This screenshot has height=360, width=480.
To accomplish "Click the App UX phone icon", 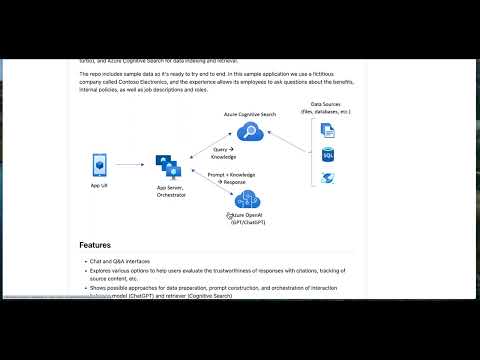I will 99,164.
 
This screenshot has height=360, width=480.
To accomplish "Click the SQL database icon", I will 327,154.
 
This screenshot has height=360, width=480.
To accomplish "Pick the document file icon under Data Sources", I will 327,129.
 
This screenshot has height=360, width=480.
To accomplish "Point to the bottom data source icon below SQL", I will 327,179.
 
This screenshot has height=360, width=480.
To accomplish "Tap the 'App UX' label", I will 99,186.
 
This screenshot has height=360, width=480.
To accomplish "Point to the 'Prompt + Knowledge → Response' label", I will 228,179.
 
